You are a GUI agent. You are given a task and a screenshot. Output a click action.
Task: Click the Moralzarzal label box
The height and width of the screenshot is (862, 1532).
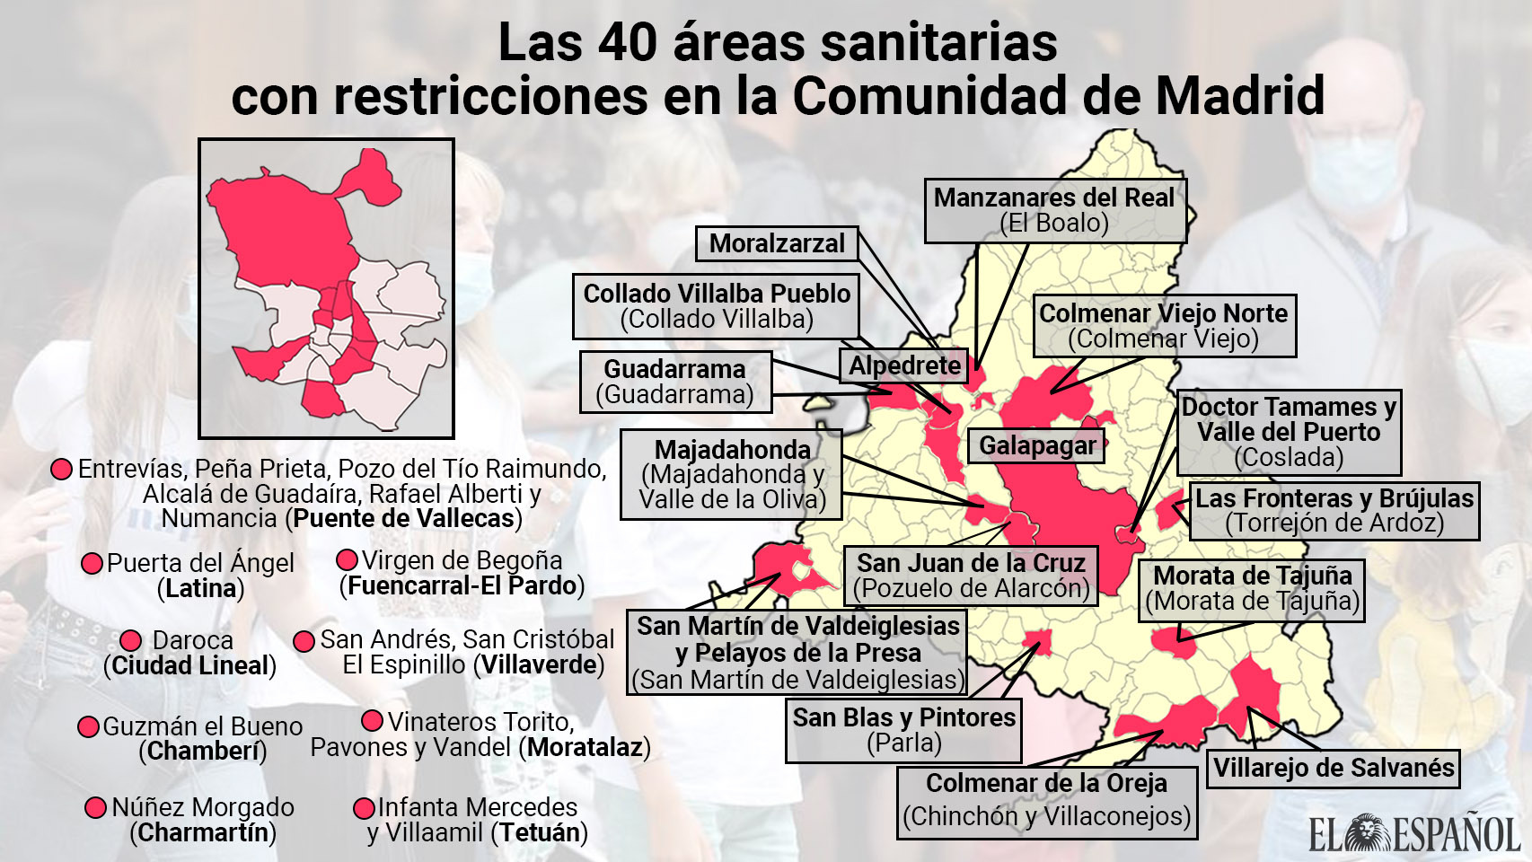(777, 243)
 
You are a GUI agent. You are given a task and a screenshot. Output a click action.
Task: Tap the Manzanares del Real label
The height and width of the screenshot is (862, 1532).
(1055, 210)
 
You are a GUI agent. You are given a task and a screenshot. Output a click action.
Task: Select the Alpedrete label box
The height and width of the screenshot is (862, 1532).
(904, 365)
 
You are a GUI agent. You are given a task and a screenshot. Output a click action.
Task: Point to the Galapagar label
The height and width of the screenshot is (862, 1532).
(1036, 445)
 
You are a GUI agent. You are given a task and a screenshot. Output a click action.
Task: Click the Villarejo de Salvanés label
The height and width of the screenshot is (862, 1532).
(1333, 769)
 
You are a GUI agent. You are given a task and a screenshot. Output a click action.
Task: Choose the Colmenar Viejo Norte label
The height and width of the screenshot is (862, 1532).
(1164, 325)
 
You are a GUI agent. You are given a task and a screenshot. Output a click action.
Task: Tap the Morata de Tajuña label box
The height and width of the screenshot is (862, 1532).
(1252, 589)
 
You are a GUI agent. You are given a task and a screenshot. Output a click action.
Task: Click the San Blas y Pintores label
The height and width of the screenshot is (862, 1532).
(903, 730)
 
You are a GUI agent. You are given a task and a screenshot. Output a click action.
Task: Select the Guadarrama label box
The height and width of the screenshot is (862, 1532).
(675, 382)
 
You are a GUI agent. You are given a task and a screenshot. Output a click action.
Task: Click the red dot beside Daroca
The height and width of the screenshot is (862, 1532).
(131, 640)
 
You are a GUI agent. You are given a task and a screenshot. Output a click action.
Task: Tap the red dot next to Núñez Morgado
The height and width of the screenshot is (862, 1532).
(96, 807)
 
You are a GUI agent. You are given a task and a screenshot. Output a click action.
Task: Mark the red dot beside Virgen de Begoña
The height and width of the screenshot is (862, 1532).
(347, 560)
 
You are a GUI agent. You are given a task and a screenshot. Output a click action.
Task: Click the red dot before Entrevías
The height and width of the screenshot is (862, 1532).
(62, 469)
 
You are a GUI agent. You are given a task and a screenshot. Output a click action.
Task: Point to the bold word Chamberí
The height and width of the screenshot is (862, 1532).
(203, 752)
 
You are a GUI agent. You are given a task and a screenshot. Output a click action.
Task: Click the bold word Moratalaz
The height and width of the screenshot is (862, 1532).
(585, 747)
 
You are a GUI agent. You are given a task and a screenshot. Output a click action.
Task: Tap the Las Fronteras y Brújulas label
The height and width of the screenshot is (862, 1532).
(1334, 511)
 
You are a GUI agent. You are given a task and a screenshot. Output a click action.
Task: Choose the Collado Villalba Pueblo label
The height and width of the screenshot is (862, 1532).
(716, 306)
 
